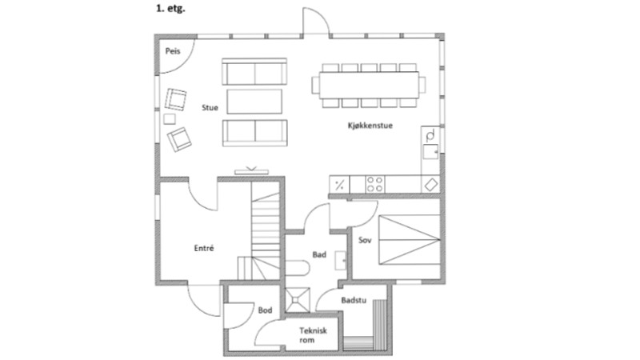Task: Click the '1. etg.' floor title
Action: click(170, 8)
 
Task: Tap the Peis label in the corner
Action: click(173, 51)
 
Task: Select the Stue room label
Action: click(210, 108)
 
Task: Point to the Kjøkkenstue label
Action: click(370, 126)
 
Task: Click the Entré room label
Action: click(204, 248)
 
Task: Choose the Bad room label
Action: click(319, 254)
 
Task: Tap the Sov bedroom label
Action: click(365, 240)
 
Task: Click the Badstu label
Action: click(354, 301)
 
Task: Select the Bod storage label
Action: click(265, 310)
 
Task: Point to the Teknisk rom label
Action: click(313, 334)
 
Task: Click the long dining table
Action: click(369, 85)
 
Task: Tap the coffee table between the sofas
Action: click(254, 102)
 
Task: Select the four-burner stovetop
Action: click(374, 184)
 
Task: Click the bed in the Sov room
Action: click(410, 239)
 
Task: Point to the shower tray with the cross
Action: click(298, 300)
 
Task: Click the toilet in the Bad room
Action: click(298, 267)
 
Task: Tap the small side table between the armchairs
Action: click(170, 118)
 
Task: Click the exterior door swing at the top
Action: click(316, 21)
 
